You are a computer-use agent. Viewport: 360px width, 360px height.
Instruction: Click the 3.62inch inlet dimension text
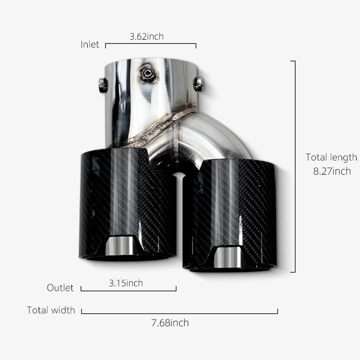[146, 36]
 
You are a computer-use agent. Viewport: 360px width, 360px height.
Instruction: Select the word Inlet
[90, 45]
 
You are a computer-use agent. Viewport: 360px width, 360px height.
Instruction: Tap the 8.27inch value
[332, 171]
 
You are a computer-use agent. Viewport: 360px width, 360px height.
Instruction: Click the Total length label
[331, 157]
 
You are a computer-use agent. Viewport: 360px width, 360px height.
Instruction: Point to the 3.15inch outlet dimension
[126, 283]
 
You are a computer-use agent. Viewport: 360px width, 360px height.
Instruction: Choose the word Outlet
[60, 288]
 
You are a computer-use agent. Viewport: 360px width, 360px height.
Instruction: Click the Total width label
[51, 310]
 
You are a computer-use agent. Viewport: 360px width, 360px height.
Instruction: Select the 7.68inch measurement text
[170, 323]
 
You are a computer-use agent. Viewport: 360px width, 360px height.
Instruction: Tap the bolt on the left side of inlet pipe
[103, 85]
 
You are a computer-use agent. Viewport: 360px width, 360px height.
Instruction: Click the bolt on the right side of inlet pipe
[198, 84]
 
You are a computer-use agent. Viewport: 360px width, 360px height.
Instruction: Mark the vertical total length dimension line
[295, 166]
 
